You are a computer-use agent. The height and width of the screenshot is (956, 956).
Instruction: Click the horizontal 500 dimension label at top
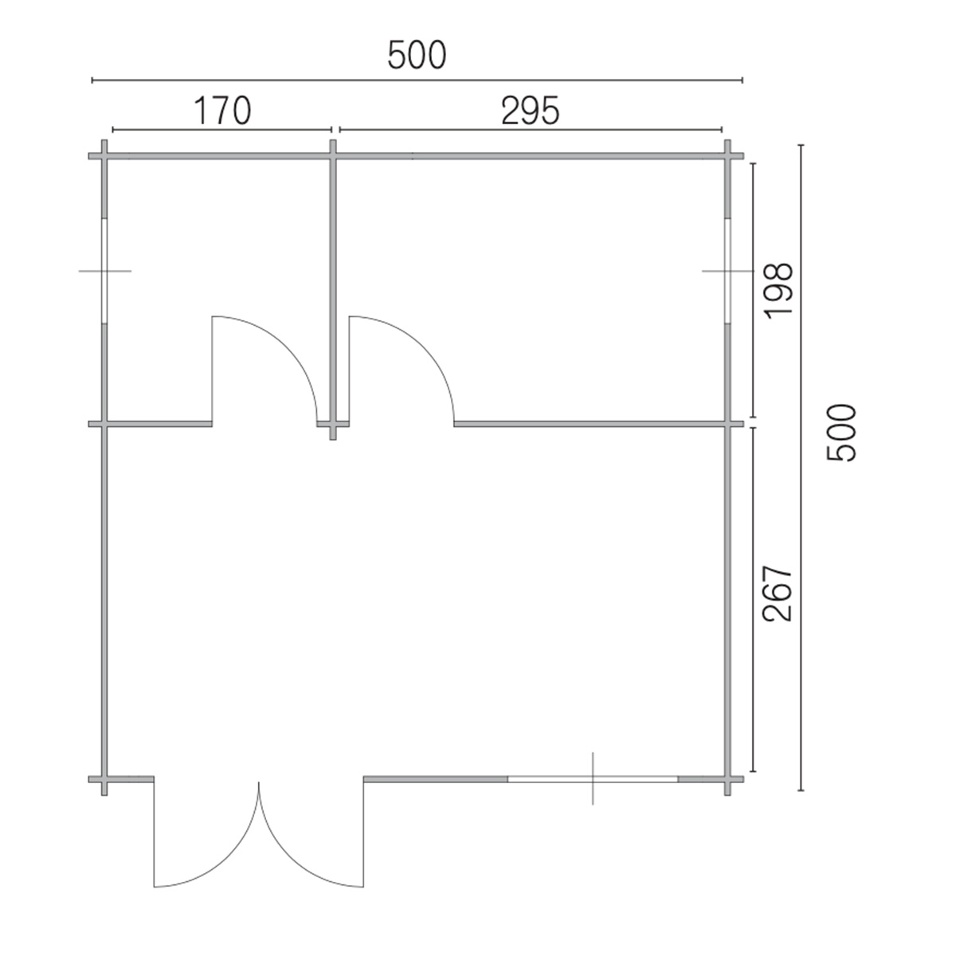coord(417,55)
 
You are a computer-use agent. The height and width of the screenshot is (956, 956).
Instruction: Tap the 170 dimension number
coord(222,111)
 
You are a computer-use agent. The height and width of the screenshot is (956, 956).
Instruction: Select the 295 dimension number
coord(531,111)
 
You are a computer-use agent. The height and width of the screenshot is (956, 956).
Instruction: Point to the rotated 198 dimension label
coord(779,291)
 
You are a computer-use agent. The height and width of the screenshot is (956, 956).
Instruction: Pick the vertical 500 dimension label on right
coord(841,433)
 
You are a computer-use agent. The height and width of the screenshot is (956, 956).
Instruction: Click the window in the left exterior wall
coord(104,272)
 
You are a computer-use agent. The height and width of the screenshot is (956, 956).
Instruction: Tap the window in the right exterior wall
coord(727,272)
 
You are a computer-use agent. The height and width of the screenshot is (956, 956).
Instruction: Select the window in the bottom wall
coord(593,779)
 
